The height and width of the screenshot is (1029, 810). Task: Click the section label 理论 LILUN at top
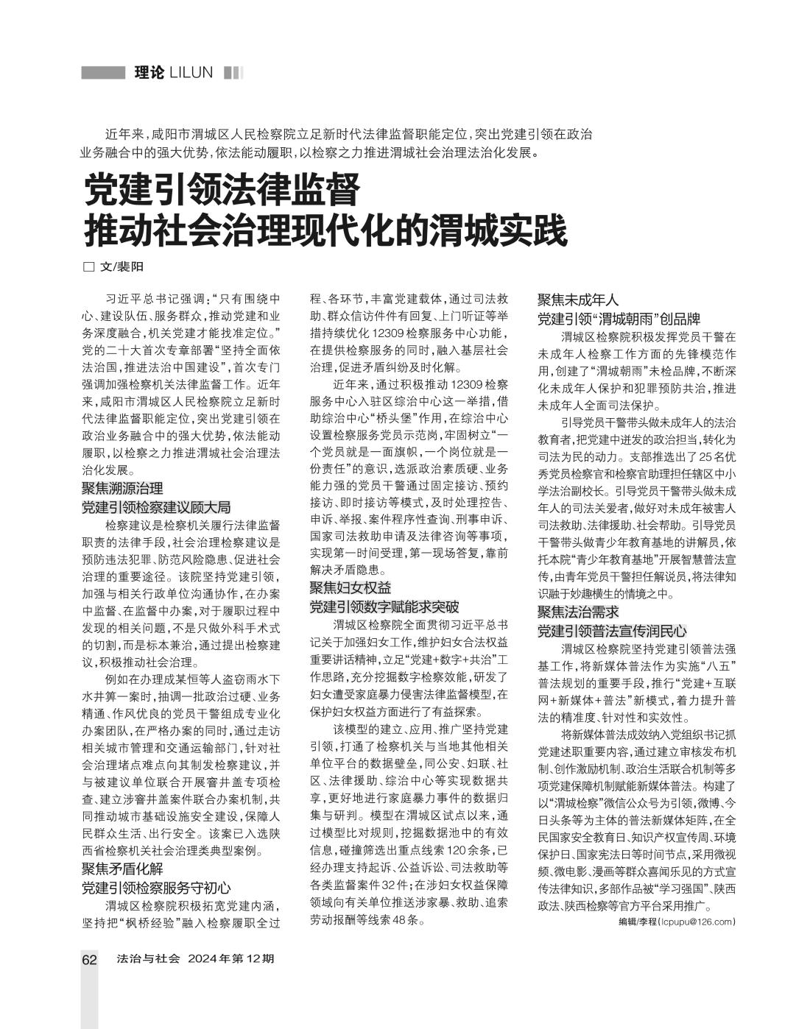[174, 72]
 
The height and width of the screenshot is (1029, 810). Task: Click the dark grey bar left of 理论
[102, 72]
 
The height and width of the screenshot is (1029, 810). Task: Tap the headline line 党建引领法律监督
[221, 190]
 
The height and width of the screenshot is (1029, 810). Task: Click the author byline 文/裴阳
[122, 267]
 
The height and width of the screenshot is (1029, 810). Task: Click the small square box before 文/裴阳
[89, 267]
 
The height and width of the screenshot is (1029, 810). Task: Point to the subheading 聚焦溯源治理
[122, 488]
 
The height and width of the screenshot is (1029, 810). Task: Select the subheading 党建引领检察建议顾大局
[156, 506]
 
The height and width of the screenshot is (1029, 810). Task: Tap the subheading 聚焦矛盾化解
[122, 869]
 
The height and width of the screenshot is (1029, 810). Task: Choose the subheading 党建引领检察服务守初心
[156, 888]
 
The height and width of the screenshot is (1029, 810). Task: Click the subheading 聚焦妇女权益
[351, 587]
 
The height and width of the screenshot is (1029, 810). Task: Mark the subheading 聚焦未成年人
[578, 300]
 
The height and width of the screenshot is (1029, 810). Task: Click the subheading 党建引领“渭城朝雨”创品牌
[619, 319]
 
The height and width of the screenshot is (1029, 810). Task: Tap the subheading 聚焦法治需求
[578, 612]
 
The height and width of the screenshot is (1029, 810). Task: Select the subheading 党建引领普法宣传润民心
[612, 631]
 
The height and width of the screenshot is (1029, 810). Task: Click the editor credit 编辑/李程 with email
[677, 922]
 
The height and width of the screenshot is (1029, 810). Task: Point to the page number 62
[89, 960]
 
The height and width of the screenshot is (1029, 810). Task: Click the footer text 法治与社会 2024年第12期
[196, 959]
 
